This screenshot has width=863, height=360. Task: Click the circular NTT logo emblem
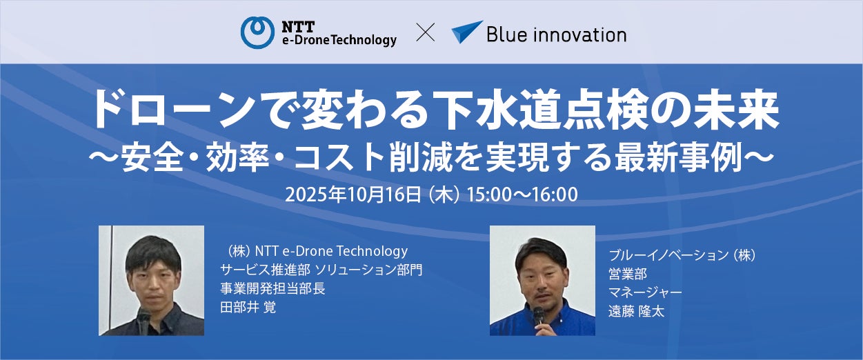[257, 32]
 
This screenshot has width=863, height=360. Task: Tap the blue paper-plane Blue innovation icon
[466, 32]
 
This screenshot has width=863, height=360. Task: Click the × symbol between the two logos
[426, 32]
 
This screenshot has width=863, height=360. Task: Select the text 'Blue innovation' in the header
[556, 34]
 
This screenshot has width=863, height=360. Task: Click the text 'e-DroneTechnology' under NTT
[339, 40]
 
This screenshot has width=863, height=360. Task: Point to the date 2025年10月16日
[353, 194]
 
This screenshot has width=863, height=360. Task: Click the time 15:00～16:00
[522, 194]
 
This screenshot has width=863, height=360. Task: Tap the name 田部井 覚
[248, 308]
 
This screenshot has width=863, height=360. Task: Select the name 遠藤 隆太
[637, 311]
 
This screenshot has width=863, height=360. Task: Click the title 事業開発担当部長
[272, 288]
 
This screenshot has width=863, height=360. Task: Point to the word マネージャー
[645, 292]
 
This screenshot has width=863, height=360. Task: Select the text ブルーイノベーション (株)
[682, 255]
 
